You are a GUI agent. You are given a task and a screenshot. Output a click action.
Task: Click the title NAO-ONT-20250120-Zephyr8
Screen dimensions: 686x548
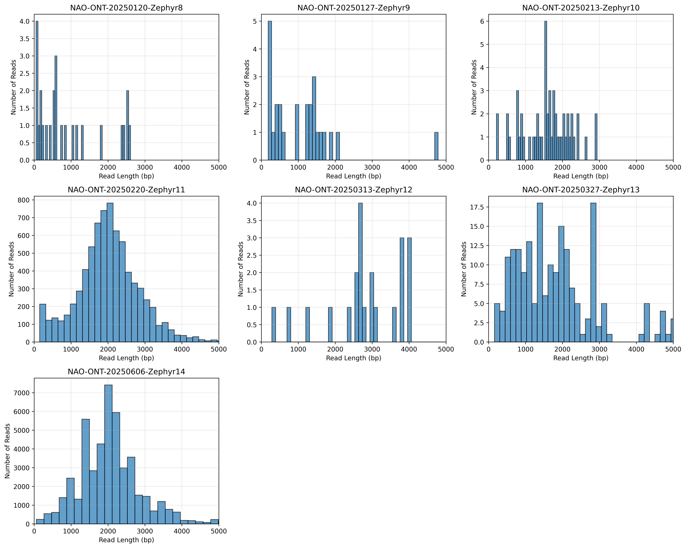[x=126, y=8]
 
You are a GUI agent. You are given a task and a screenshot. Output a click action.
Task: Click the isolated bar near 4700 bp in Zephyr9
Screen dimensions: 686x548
[x=436, y=146]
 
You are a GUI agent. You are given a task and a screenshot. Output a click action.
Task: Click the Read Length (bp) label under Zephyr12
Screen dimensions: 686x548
[x=354, y=358]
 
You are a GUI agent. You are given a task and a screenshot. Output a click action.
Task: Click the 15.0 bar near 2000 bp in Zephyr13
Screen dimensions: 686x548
[x=561, y=284]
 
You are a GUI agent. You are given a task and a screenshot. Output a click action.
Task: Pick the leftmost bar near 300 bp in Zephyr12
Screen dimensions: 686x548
[x=274, y=325]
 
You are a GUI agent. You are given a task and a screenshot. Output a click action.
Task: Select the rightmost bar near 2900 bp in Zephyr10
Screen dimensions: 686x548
[x=596, y=137]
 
